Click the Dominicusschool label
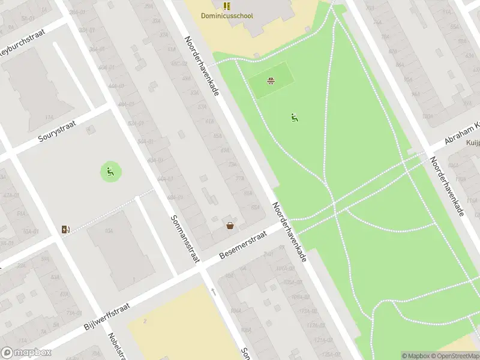227,17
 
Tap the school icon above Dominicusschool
227,6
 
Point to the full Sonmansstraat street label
184,239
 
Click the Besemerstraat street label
242,247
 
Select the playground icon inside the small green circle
110,173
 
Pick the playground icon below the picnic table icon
295,117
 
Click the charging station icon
65,229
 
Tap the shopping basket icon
230,226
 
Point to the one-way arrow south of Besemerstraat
213,292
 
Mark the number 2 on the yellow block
145,321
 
